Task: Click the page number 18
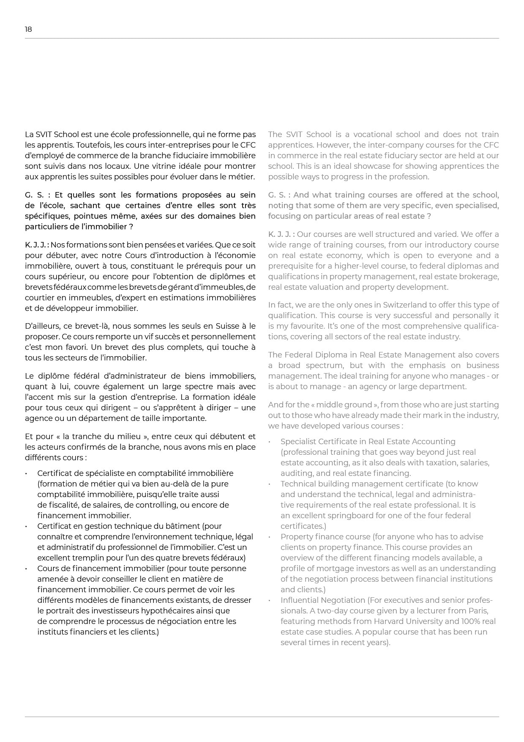(x=28, y=29)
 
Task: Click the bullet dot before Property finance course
(x=269, y=537)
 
